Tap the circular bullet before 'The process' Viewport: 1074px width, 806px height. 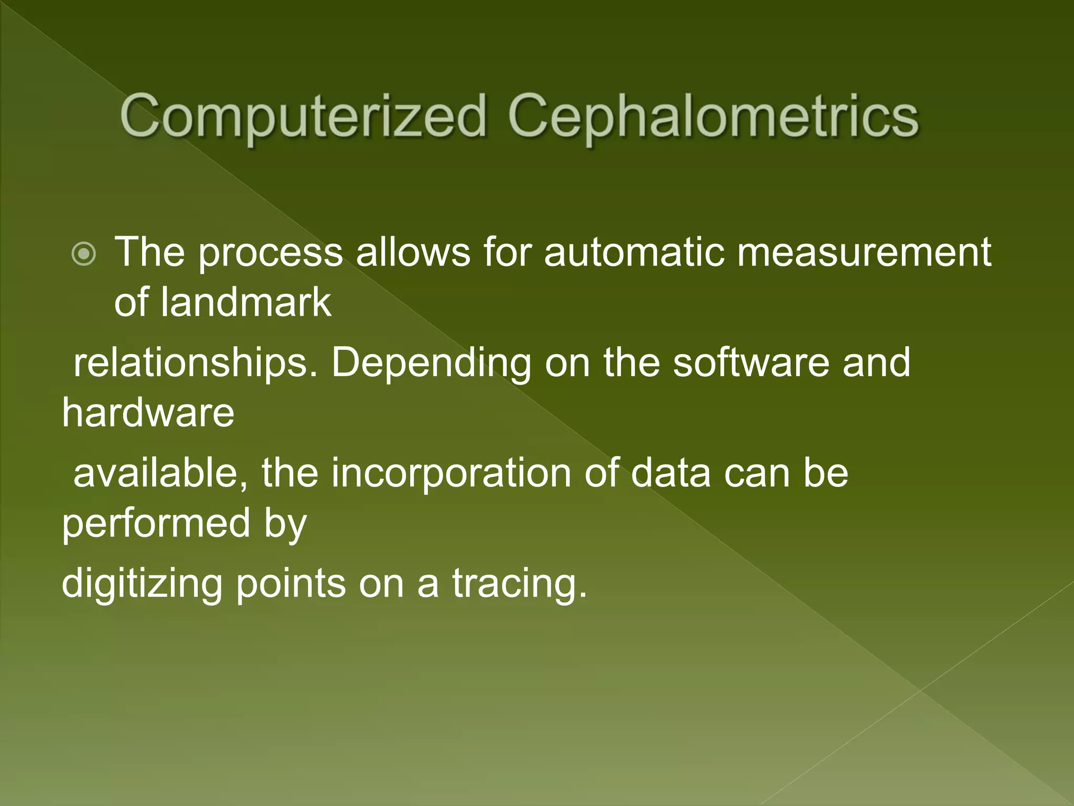[84, 254]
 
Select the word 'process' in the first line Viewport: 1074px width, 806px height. [270, 253]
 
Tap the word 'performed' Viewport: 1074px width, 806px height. [156, 524]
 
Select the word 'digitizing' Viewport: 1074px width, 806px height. [142, 584]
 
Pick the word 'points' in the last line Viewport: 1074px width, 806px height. [291, 584]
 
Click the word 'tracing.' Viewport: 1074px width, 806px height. [519, 584]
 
